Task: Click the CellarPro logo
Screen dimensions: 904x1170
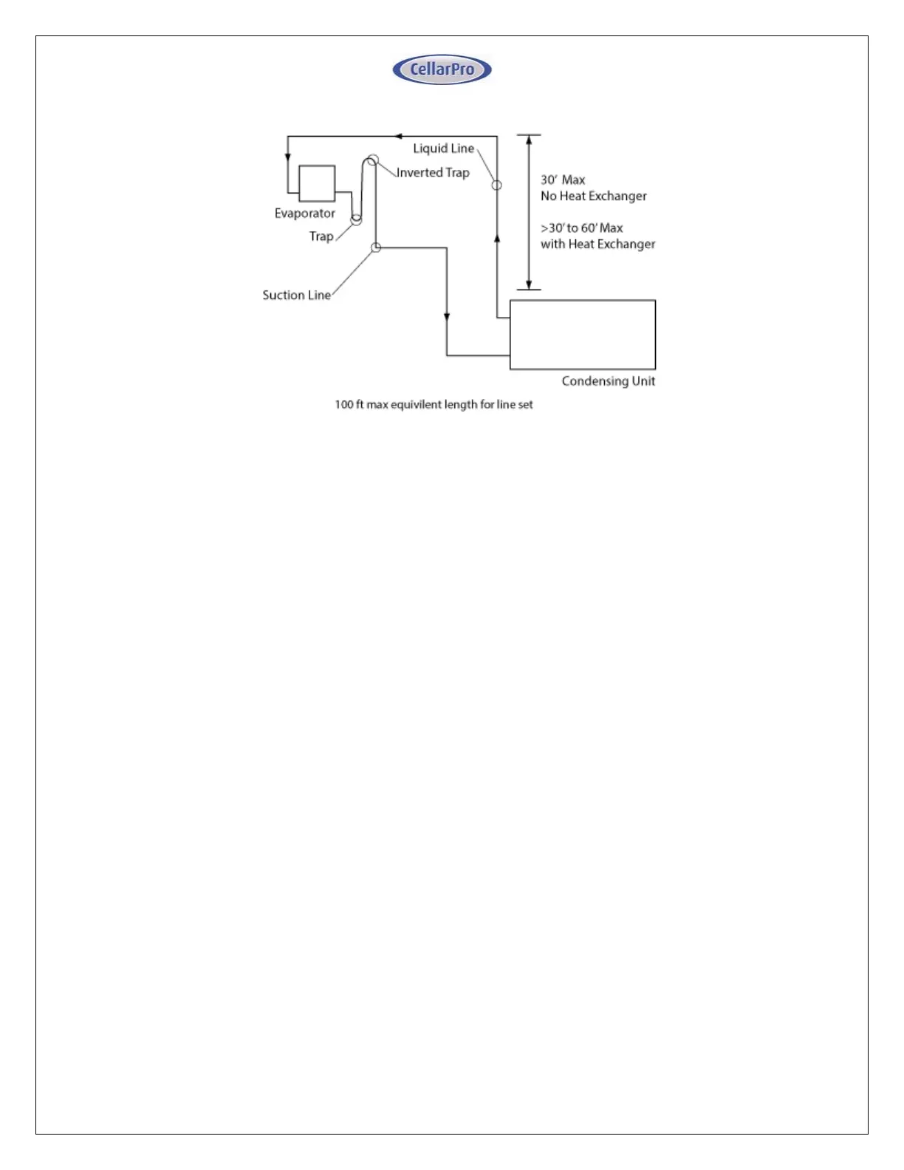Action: (x=442, y=69)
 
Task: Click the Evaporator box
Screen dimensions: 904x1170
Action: (x=317, y=183)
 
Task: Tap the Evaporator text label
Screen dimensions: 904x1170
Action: (x=304, y=213)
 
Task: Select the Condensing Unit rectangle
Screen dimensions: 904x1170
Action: (x=582, y=335)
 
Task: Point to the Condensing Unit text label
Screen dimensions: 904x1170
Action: (x=608, y=381)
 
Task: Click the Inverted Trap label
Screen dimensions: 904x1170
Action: (x=433, y=173)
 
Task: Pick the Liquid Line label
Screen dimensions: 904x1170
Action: (x=443, y=148)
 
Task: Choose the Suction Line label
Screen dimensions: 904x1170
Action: (x=296, y=295)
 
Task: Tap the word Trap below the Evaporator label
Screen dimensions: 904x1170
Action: (x=321, y=236)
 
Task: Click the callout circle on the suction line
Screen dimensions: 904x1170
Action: (x=376, y=247)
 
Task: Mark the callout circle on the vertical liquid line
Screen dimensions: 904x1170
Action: (x=497, y=185)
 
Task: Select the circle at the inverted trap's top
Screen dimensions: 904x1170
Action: (x=372, y=160)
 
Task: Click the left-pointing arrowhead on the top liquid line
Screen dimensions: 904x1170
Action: (x=398, y=136)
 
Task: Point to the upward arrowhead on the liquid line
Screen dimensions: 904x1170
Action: (x=497, y=239)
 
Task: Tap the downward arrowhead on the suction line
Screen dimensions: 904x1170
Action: (x=447, y=317)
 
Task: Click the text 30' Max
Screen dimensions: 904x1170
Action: (x=562, y=180)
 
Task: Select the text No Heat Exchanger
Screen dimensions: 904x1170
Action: (x=593, y=196)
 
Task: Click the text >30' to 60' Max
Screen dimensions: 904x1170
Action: (x=581, y=228)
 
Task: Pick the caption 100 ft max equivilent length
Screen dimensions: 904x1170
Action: (x=434, y=405)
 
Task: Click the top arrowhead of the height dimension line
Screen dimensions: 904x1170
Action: (x=529, y=140)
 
